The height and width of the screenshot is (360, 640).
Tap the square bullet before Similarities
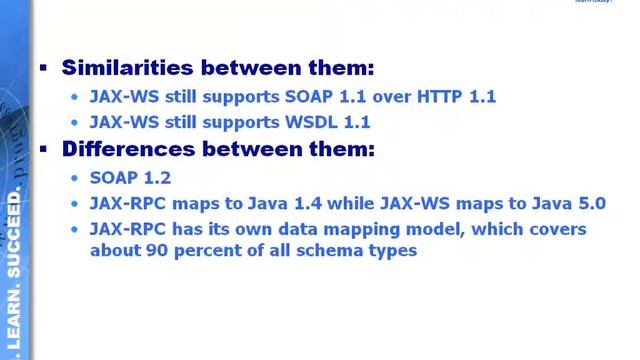pyautogui.click(x=43, y=68)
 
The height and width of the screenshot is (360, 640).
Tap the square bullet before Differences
pyautogui.click(x=43, y=149)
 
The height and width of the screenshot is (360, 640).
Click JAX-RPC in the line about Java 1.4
pyautogui.click(x=125, y=204)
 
